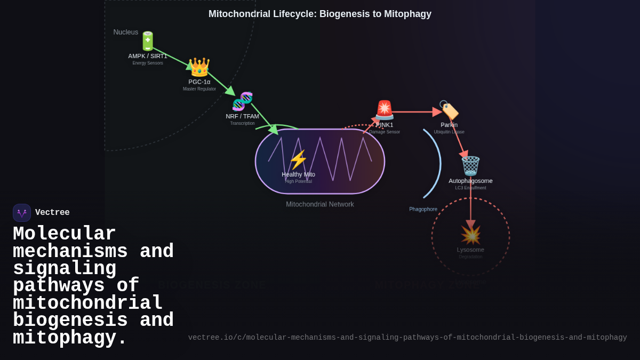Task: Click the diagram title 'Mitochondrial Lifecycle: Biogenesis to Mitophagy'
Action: [x=320, y=14]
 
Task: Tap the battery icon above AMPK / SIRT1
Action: [x=148, y=41]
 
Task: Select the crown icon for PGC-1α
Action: [x=199, y=68]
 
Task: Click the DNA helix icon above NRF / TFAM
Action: [x=242, y=101]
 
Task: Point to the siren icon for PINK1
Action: [x=384, y=110]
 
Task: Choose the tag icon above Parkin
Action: [x=449, y=110]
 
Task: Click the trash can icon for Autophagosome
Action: [x=470, y=166]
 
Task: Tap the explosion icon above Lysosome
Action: [x=470, y=235]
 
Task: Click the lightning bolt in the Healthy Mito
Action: [x=298, y=160]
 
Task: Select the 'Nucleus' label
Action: [x=125, y=32]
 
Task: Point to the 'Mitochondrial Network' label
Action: [x=319, y=204]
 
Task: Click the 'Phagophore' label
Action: [x=423, y=209]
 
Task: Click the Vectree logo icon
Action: [x=22, y=213]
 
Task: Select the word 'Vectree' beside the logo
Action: [x=52, y=213]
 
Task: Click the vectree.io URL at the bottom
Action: [x=407, y=338]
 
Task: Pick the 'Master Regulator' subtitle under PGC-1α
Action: [x=199, y=89]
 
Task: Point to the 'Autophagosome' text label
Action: [x=470, y=181]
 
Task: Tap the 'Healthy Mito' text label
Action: [x=298, y=174]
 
